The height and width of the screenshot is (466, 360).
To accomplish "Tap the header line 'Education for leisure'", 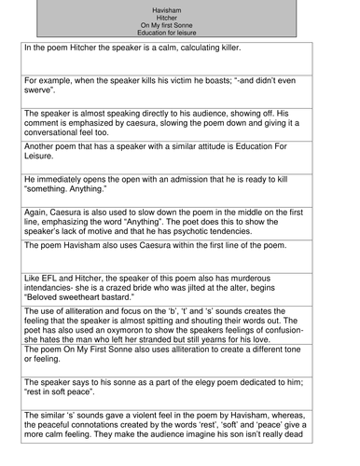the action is pyautogui.click(x=180, y=33).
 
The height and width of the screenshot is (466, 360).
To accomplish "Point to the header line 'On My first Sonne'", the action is pyautogui.click(x=180, y=24).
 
